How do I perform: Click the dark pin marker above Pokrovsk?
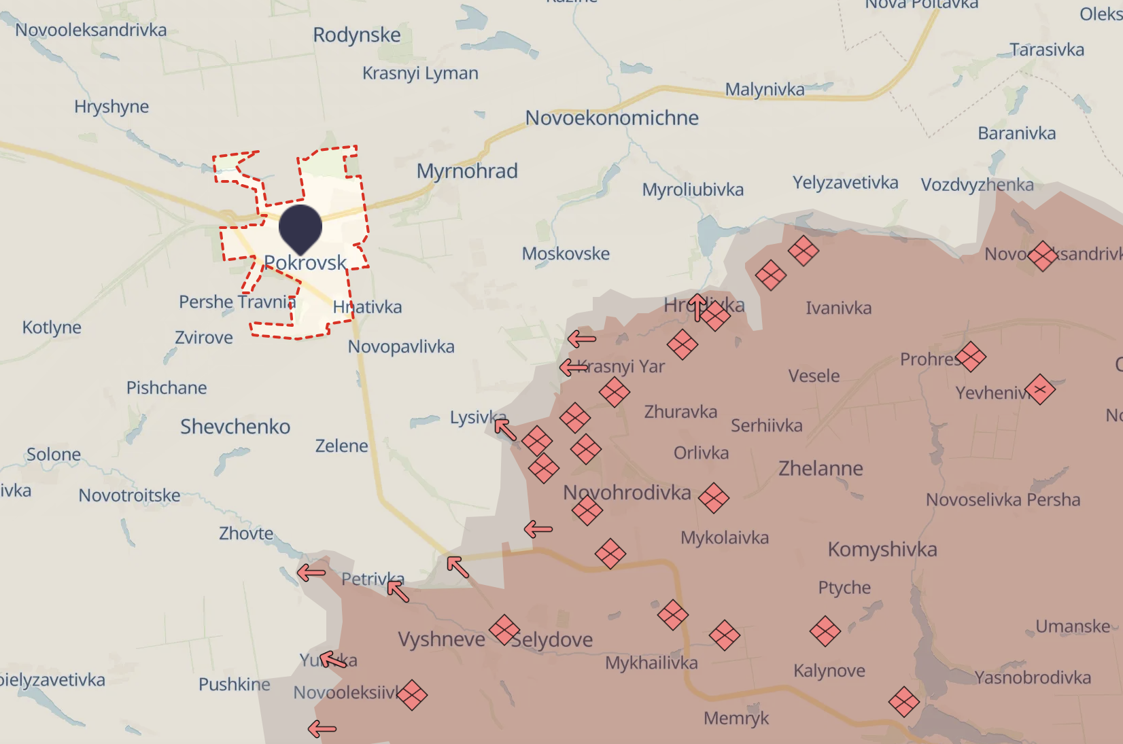tap(300, 228)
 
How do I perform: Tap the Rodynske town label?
tap(357, 35)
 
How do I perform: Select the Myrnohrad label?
tap(467, 171)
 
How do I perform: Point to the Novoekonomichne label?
tap(612, 118)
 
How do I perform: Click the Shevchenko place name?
tap(235, 427)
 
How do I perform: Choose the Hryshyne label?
tap(111, 107)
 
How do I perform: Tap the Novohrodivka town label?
tap(627, 492)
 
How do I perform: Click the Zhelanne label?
tap(820, 468)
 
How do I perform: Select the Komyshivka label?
tap(882, 549)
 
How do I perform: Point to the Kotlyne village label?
tap(52, 327)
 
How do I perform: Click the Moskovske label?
tap(566, 253)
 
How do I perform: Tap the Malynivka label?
tap(765, 89)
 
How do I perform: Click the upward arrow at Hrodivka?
tap(697, 307)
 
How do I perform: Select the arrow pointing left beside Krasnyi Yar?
tap(574, 368)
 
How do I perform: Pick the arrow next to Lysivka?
tap(505, 429)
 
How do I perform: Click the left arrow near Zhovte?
tap(311, 573)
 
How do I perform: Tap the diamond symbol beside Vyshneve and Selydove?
tap(504, 630)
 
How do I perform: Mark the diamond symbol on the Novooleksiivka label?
tap(412, 694)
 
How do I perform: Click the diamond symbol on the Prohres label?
tap(970, 357)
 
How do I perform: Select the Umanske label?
tap(1073, 626)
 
